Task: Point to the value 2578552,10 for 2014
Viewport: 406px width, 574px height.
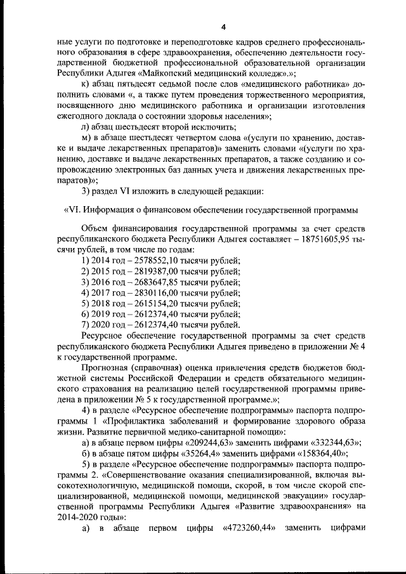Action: (x=152, y=261)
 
